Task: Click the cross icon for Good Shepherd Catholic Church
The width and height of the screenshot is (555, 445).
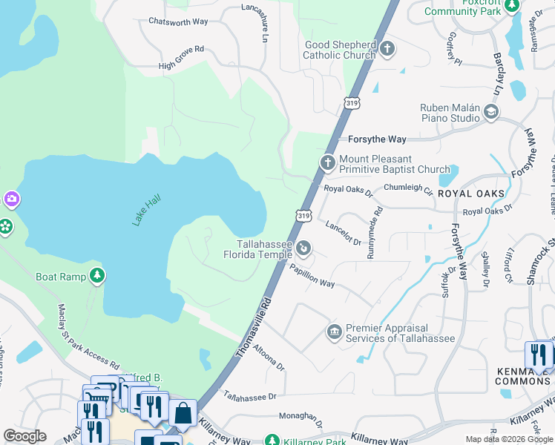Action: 387,50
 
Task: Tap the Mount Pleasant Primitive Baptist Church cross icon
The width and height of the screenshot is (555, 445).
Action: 327,162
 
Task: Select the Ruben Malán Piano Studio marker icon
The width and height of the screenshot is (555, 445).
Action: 490,113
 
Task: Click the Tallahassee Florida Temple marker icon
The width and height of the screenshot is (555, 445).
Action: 303,247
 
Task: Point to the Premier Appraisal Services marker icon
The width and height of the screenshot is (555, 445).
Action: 334,331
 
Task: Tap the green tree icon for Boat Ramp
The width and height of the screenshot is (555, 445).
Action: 96,276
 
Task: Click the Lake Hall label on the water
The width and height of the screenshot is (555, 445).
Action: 146,211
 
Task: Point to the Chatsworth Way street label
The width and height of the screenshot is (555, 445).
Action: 177,22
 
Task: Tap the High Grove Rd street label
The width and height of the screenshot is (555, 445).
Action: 180,60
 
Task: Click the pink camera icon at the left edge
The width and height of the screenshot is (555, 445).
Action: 10,198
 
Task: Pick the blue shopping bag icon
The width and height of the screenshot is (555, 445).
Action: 183,413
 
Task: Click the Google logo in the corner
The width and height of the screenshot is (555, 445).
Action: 24,435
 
